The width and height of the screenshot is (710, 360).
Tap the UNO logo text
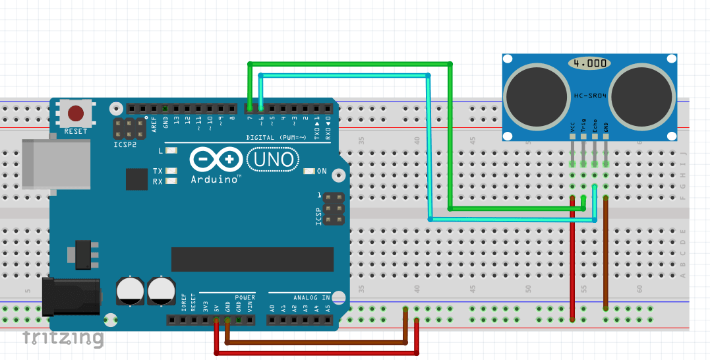(273, 159)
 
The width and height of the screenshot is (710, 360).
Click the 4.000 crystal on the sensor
(589, 63)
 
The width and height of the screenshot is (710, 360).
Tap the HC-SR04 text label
(591, 96)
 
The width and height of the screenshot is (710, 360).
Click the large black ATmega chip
(252, 259)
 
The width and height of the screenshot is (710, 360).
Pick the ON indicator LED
(309, 171)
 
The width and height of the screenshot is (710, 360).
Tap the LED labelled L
(172, 151)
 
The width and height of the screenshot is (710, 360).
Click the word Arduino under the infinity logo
(216, 179)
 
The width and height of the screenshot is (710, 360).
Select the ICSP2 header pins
(131, 127)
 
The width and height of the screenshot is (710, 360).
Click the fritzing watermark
(63, 338)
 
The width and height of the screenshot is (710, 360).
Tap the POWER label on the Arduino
(245, 297)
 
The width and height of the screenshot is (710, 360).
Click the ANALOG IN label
(308, 297)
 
